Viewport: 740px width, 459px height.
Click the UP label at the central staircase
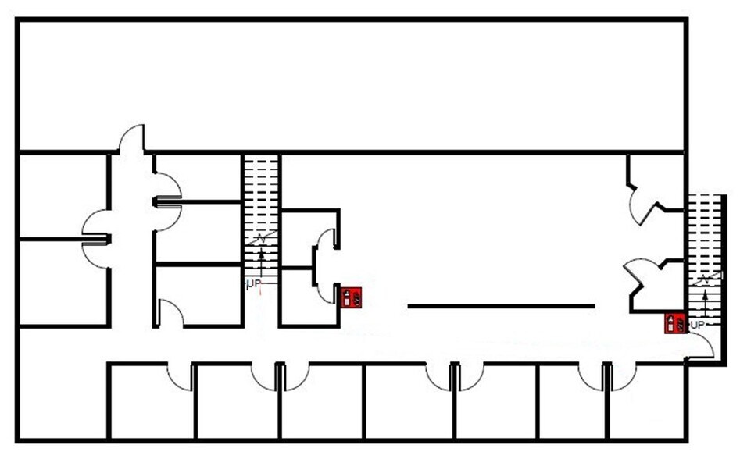tap(254, 283)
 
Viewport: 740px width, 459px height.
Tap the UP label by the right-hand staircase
tap(697, 325)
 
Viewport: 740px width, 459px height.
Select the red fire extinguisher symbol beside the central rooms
tap(352, 297)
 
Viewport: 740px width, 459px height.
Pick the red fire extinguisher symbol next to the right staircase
tap(675, 323)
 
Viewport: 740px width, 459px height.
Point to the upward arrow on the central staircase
tap(261, 265)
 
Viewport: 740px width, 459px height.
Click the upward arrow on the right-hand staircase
tap(705, 307)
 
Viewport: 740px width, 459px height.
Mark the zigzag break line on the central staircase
tap(261, 238)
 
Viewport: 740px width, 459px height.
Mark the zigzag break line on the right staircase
tap(705, 279)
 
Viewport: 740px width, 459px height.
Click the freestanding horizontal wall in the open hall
tap(501, 306)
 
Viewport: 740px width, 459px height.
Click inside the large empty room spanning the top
tap(352, 85)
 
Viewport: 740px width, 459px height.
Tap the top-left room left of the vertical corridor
tap(63, 196)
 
